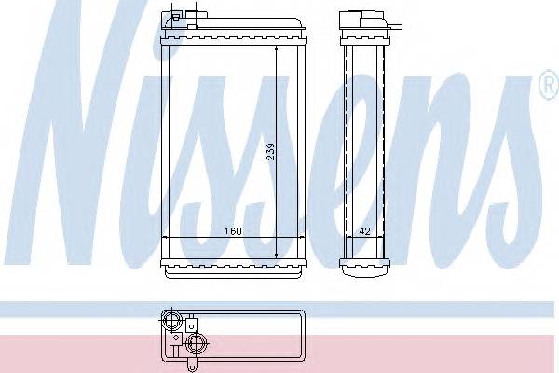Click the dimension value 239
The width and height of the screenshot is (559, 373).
(x=271, y=151)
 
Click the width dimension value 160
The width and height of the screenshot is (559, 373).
(x=233, y=231)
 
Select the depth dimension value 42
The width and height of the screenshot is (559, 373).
(x=364, y=231)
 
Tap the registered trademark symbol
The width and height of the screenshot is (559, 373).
(x=550, y=85)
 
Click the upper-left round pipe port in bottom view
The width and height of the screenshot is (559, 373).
(x=171, y=320)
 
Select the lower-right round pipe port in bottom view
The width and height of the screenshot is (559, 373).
(x=196, y=344)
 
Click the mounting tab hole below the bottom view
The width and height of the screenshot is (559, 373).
(x=192, y=366)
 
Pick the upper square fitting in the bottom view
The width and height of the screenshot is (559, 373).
(x=191, y=325)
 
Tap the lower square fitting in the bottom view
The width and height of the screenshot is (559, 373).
(x=176, y=338)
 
